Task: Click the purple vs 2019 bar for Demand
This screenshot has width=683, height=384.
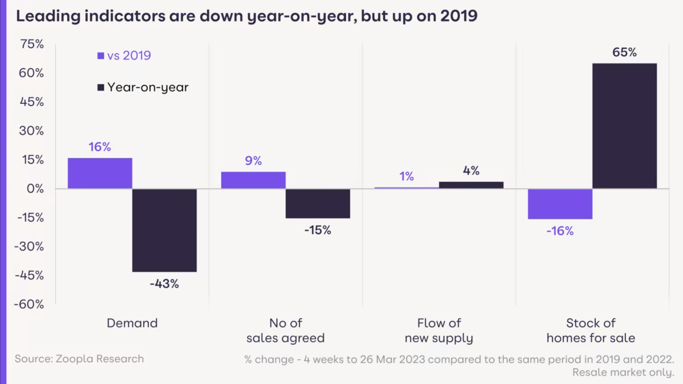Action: (100, 173)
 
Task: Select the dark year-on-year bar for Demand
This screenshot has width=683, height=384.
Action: (164, 230)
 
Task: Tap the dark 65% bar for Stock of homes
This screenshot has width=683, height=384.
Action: (625, 126)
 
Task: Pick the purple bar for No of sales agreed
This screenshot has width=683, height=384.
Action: (253, 180)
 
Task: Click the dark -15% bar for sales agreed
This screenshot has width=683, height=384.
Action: (318, 204)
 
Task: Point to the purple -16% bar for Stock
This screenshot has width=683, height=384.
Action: (560, 204)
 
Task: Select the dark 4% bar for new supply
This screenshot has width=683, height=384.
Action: (471, 185)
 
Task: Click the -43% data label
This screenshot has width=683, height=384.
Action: (164, 284)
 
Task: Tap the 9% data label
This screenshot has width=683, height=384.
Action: (253, 161)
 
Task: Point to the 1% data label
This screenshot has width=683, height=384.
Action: (407, 176)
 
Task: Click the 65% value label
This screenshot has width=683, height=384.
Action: (625, 52)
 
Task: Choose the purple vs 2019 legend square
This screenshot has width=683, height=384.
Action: (100, 56)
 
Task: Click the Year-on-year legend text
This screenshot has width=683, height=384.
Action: (148, 87)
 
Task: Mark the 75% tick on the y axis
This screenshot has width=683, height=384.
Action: (32, 44)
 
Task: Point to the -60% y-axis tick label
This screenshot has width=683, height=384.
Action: (29, 304)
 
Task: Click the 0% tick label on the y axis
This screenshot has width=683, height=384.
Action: (35, 189)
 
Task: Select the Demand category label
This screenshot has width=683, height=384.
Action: (132, 323)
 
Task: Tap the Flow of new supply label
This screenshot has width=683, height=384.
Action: (439, 331)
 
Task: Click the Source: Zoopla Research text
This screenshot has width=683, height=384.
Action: (79, 359)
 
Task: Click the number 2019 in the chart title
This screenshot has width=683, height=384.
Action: (459, 16)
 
